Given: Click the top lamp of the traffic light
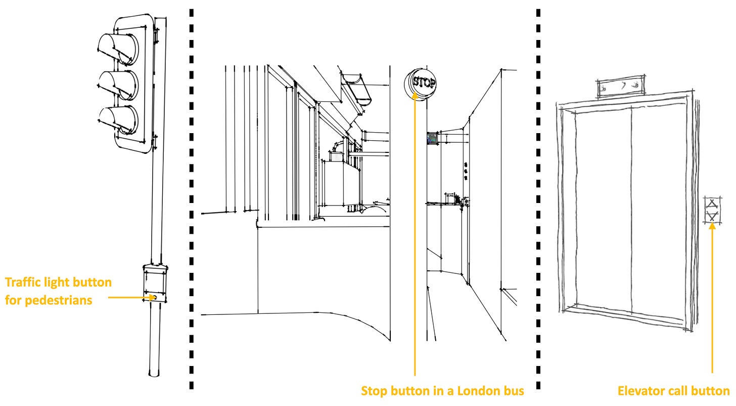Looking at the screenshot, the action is tap(118, 49).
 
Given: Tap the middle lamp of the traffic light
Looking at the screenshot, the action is tap(118, 85).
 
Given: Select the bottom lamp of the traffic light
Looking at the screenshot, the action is tap(118, 120).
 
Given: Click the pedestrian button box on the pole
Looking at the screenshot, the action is tap(155, 283).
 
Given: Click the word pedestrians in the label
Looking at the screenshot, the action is tap(59, 300).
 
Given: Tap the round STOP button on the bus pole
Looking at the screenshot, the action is tap(420, 84).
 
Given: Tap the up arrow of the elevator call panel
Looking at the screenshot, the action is tap(712, 204).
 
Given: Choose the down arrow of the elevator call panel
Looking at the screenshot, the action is tap(712, 217).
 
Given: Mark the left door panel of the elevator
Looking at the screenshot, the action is tap(603, 211).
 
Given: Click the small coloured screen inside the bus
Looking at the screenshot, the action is tap(432, 139).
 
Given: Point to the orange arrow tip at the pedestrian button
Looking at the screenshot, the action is tap(155, 298).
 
